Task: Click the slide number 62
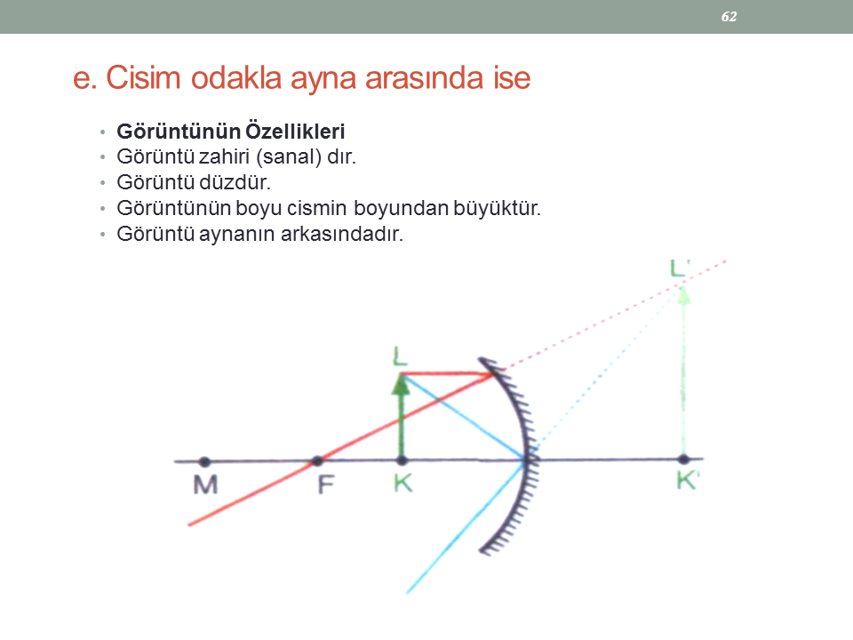(729, 17)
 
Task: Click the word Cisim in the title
(143, 77)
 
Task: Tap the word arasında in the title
(424, 78)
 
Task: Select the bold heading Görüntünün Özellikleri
(231, 132)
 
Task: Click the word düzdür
(235, 182)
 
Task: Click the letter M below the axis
(205, 484)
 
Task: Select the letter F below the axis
(325, 484)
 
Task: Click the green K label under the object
(403, 482)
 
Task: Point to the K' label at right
(688, 481)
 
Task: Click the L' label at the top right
(680, 268)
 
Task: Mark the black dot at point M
(204, 462)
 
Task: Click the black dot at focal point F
(317, 461)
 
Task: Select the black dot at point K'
(684, 460)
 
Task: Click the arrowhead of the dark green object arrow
(401, 384)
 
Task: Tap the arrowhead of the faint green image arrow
(683, 294)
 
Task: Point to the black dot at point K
(402, 461)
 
